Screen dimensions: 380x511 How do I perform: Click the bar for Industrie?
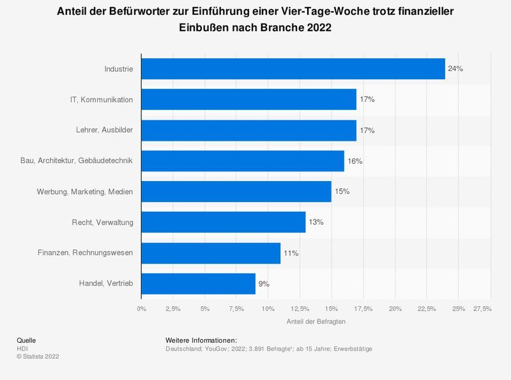[x=293, y=69]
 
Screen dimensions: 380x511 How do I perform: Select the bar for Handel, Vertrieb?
[x=198, y=283]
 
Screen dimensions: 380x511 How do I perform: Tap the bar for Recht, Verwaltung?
[x=223, y=222]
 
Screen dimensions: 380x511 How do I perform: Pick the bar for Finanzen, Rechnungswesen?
[x=211, y=253]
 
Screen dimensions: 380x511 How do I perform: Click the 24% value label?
[x=455, y=69]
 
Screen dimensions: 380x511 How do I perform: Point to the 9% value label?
[x=264, y=283]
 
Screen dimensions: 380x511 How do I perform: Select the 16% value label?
[x=355, y=161]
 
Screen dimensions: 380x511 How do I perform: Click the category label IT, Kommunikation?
[x=102, y=100]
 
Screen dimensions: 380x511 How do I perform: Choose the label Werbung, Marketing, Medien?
[x=86, y=191]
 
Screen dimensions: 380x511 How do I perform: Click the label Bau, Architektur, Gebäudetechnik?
[x=77, y=161]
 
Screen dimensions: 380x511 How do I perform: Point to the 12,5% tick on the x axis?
[x=300, y=309]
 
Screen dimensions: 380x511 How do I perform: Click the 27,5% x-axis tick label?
[x=482, y=309]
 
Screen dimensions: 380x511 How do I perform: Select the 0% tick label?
[x=141, y=309]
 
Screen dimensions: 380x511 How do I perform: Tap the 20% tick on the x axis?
[x=395, y=309]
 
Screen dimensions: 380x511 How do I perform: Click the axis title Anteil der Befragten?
[x=316, y=322]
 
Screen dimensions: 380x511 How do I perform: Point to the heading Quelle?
[x=26, y=340]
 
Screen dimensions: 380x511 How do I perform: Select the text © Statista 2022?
[x=38, y=356]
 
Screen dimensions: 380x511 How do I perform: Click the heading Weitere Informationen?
[x=201, y=340]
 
